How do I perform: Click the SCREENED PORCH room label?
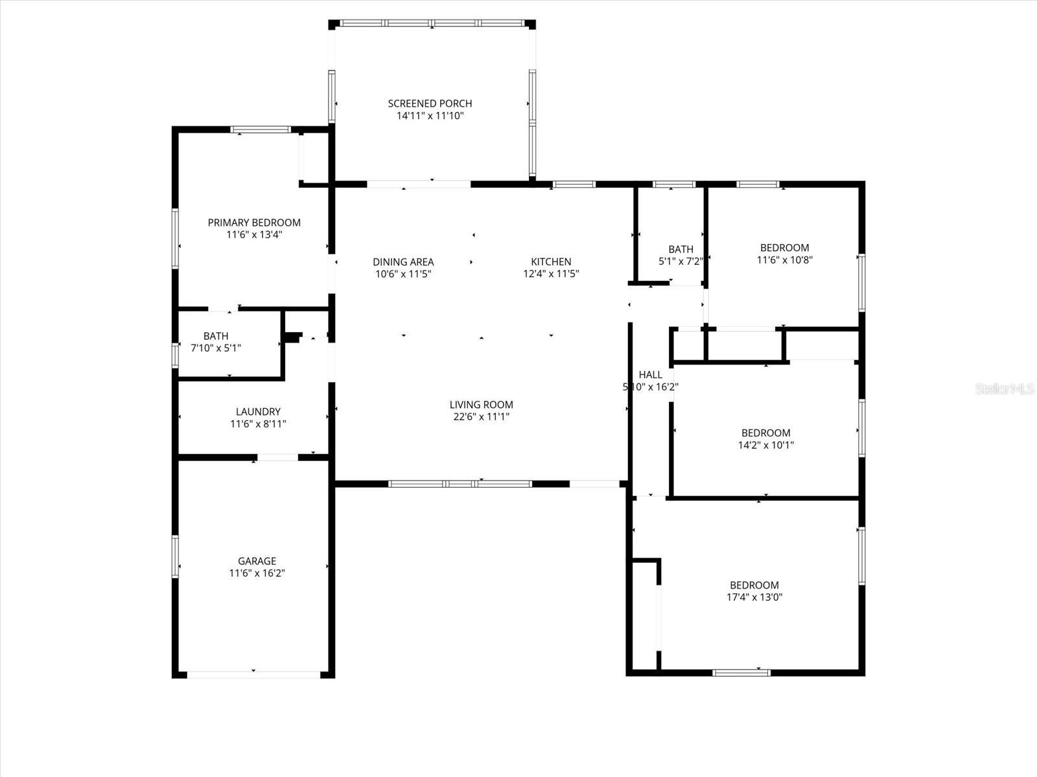click(430, 104)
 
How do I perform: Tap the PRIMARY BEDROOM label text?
click(254, 223)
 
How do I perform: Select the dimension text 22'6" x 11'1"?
click(481, 417)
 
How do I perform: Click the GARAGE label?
click(257, 561)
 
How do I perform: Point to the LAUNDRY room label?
click(258, 412)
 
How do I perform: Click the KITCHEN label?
click(551, 262)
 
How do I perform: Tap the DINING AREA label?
click(403, 262)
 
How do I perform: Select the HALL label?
click(650, 375)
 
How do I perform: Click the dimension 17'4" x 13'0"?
click(754, 598)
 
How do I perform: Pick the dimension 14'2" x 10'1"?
click(765, 445)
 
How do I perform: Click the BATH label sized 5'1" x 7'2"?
click(681, 249)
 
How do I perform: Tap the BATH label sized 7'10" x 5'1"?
click(216, 336)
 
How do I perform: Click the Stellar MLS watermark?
click(1005, 388)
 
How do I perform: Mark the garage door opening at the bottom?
click(253, 675)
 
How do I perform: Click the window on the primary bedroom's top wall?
click(261, 129)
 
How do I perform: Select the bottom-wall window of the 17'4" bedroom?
click(741, 673)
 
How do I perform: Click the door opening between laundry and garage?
click(277, 458)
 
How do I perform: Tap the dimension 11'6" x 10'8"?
click(784, 260)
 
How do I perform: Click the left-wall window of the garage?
click(175, 556)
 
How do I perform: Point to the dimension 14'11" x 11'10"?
click(430, 116)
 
